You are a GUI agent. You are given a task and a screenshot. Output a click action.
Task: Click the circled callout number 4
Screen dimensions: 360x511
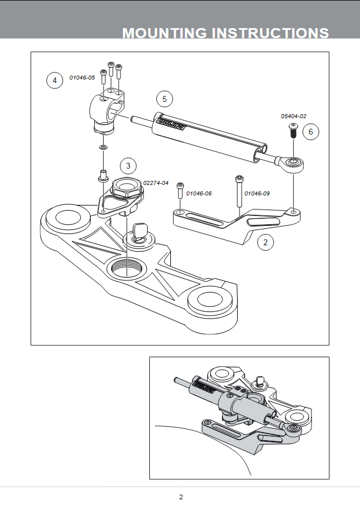point(54,80)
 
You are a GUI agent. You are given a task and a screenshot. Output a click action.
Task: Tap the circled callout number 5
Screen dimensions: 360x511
point(164,99)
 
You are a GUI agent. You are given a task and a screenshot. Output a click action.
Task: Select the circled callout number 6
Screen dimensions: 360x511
point(310,132)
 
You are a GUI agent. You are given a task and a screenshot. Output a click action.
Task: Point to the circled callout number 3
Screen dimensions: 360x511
point(128,166)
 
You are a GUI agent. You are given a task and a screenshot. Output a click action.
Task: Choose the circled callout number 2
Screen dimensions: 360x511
point(265,242)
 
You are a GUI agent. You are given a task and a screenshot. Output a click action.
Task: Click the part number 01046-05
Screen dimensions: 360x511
point(82,78)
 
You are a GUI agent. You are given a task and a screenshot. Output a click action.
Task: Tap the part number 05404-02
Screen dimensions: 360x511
point(293,116)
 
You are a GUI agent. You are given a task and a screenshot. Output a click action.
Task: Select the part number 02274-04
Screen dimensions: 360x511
point(156,183)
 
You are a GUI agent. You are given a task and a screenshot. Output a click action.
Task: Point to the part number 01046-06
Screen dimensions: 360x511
point(199,194)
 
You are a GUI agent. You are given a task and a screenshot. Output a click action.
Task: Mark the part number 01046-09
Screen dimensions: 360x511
point(257,194)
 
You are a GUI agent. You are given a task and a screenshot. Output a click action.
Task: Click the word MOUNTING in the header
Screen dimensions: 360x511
point(164,33)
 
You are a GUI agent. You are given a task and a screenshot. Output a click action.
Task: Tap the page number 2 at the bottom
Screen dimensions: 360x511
point(181,497)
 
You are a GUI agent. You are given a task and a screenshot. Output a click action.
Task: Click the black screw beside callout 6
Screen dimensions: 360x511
point(293,131)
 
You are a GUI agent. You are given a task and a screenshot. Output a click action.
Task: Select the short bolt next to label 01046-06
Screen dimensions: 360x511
point(180,190)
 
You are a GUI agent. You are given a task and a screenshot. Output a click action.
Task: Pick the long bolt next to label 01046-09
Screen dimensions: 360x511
point(239,191)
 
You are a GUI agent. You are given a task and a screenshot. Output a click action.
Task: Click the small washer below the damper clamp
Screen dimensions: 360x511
point(103,148)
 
